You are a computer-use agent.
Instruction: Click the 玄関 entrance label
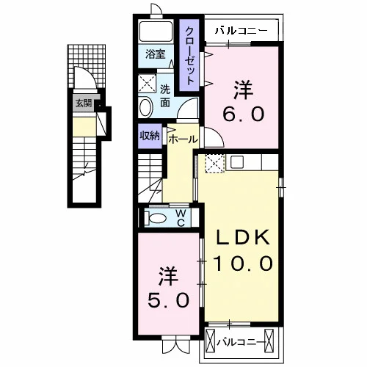pos(84,103)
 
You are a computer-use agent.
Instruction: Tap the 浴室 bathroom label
pos(156,54)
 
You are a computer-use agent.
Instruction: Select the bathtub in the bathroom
pos(156,32)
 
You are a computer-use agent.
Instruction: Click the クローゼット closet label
pos(190,56)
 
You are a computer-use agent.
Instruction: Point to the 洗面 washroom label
pos(165,96)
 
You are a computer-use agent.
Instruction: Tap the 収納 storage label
pos(150,136)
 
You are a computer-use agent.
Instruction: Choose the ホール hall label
pos(183,139)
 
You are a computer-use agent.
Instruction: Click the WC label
pos(181,218)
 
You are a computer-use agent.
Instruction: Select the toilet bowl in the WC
pos(155,218)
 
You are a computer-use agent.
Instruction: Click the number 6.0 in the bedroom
pos(244,115)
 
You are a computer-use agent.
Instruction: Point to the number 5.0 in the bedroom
pos(169,300)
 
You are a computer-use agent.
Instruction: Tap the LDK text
pos(242,237)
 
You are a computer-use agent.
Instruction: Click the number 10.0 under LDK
pos(243,264)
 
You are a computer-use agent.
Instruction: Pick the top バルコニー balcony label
pos(241,31)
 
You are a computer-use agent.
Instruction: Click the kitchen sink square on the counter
pos(237,161)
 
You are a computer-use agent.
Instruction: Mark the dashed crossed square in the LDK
pos(214,164)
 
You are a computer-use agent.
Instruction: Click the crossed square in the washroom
pos(147,84)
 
